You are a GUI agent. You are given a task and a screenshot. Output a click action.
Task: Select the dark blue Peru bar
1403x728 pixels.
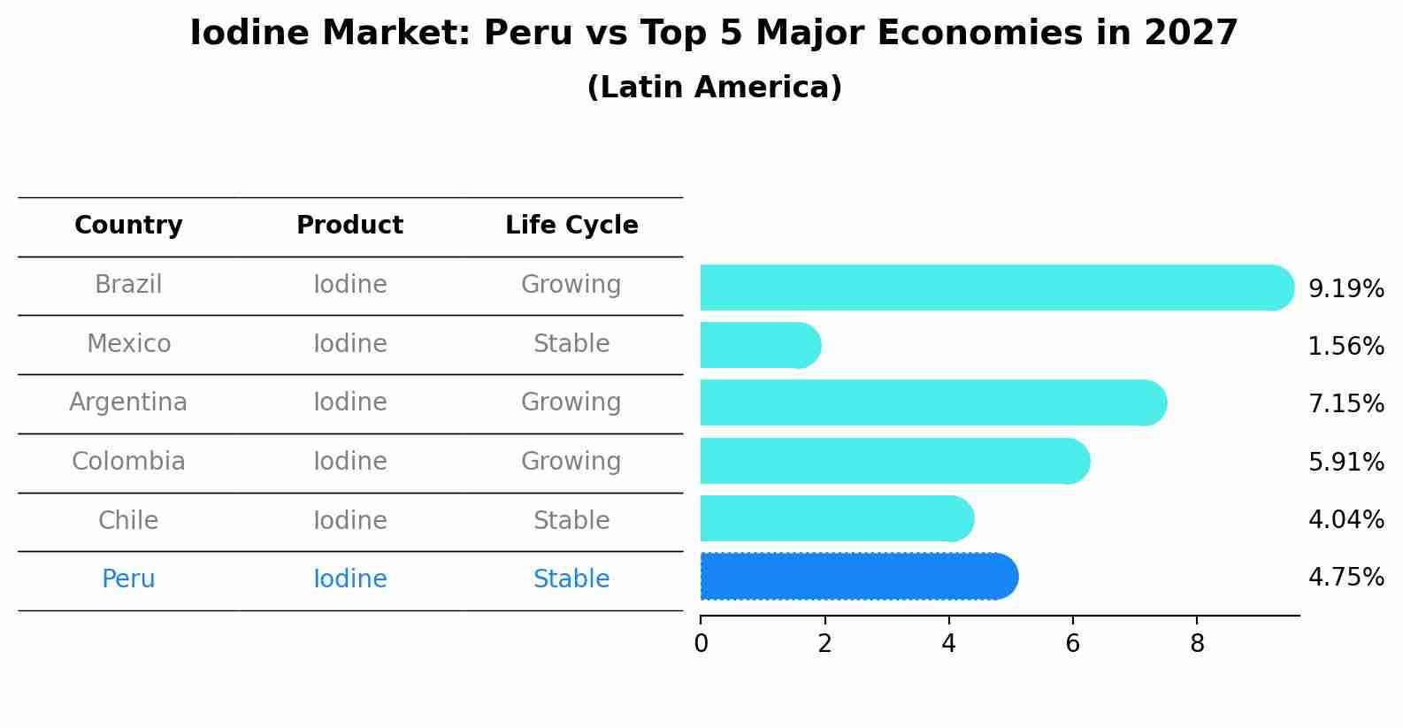[858, 577]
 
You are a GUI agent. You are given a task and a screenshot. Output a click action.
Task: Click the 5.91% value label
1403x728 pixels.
[1345, 462]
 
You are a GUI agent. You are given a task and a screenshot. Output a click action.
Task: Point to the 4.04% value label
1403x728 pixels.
[1345, 519]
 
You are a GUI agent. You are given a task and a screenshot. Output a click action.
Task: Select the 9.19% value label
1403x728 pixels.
[1345, 288]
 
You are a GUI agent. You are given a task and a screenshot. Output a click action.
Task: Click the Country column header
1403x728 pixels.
[128, 226]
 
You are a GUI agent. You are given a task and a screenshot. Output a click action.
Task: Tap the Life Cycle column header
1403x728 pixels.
[571, 226]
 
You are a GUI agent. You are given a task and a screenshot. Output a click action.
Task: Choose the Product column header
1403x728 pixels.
[349, 226]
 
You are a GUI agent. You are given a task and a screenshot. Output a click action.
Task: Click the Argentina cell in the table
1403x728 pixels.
[128, 402]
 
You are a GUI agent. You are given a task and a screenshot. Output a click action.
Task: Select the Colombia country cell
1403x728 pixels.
[128, 462]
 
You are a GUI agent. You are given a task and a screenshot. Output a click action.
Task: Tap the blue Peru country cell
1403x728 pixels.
[128, 579]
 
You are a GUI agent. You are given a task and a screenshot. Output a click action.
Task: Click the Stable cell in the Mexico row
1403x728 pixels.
[571, 344]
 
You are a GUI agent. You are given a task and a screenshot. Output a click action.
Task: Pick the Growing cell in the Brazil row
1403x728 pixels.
[571, 285]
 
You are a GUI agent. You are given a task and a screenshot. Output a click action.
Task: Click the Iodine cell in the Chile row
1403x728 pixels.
[349, 521]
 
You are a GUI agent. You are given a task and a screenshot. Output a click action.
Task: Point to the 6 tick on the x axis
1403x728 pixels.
[1072, 643]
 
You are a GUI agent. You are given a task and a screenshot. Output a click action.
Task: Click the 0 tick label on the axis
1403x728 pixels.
[701, 643]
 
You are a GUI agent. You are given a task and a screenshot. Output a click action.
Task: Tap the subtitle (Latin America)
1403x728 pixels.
[714, 88]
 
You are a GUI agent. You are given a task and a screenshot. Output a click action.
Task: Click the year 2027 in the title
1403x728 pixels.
[1190, 34]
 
